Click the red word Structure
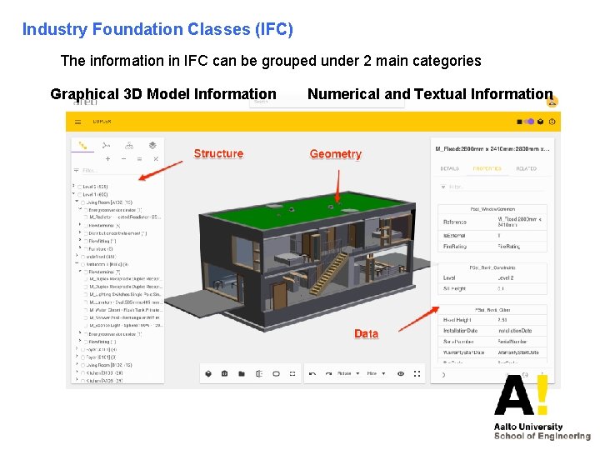(218, 153)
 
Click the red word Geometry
(335, 154)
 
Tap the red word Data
(366, 333)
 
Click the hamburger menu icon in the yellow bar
(78, 122)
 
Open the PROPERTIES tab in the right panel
(487, 168)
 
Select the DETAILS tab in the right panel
(450, 168)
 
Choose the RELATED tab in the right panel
(526, 168)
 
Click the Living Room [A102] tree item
(108, 202)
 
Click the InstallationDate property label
(460, 331)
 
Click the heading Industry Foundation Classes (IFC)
(157, 30)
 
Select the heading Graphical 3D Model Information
(163, 94)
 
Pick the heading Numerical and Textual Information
(430, 94)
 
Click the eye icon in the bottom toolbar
(400, 373)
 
